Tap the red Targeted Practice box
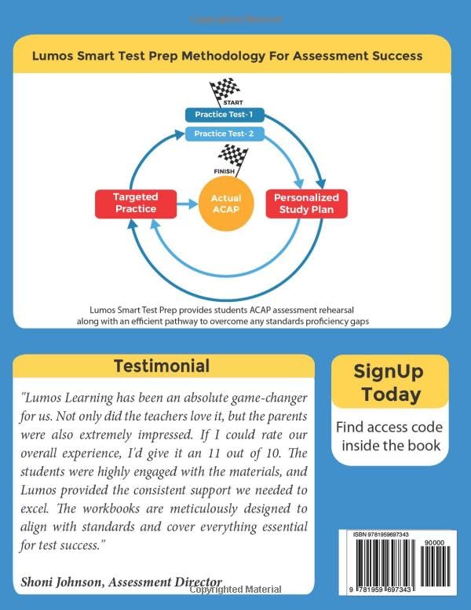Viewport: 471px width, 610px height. tap(134, 203)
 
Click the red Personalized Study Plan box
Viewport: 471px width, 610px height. tap(305, 203)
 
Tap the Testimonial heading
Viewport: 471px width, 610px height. tap(162, 366)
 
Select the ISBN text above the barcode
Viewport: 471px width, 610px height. tap(377, 535)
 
